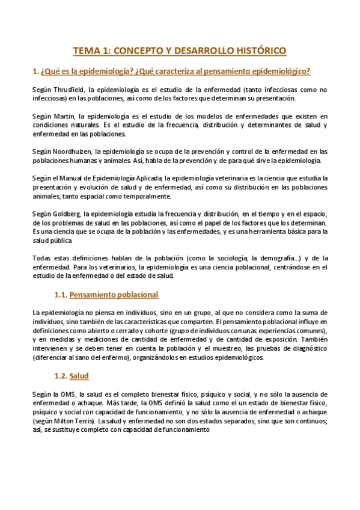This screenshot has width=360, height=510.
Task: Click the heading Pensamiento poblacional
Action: [114, 295]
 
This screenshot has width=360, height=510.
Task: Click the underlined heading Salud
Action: [79, 376]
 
